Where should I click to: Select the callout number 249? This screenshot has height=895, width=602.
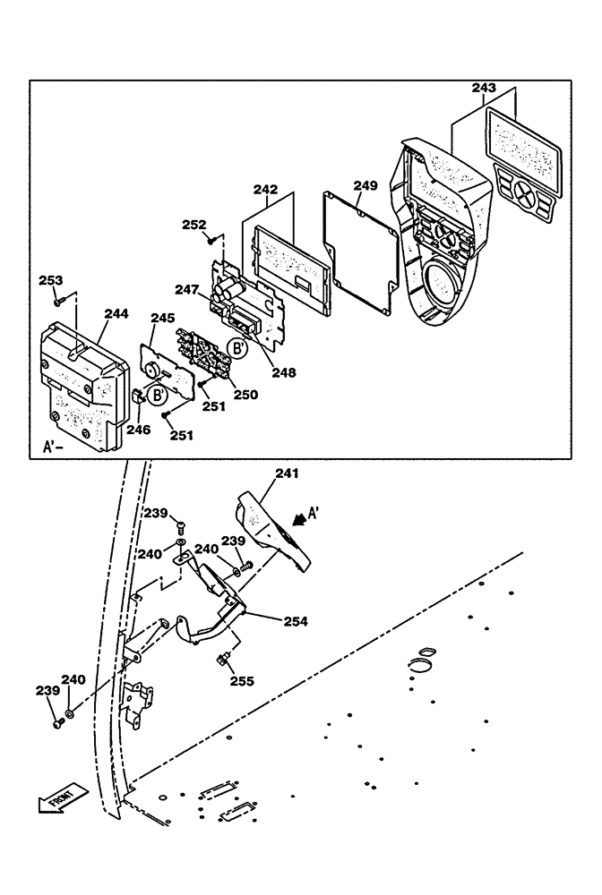[365, 185]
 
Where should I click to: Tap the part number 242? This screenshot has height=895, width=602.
[265, 190]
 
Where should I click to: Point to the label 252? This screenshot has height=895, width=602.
[194, 225]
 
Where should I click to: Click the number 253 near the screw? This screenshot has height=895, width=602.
[51, 281]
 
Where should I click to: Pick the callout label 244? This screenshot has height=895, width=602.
[116, 313]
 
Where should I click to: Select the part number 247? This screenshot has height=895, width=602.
[186, 290]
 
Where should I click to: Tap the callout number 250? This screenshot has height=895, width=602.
[245, 394]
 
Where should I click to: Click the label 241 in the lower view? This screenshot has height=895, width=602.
[288, 473]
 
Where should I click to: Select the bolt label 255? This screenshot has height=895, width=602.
[241, 680]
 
